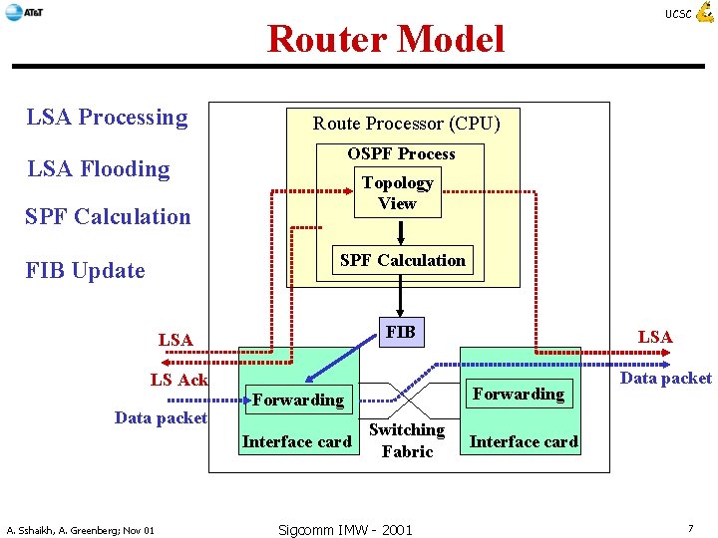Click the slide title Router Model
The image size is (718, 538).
point(386,39)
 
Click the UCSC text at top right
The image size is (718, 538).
point(677,14)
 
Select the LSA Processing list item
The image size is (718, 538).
point(108,118)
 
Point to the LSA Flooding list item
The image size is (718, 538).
point(99,168)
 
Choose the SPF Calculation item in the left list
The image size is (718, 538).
point(109,216)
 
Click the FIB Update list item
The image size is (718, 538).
point(86,271)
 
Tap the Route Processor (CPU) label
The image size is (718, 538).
point(406,124)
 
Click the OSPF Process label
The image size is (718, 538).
point(401,153)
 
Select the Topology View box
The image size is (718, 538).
point(397,193)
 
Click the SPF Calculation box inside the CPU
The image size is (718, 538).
point(402,260)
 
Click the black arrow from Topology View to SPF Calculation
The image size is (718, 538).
point(400,232)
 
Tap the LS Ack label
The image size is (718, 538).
point(179,380)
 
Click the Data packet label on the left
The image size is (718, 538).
point(161,418)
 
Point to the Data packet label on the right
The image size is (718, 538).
point(665,378)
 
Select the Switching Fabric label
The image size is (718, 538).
point(406,440)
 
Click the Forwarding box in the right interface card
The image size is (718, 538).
point(519,394)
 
